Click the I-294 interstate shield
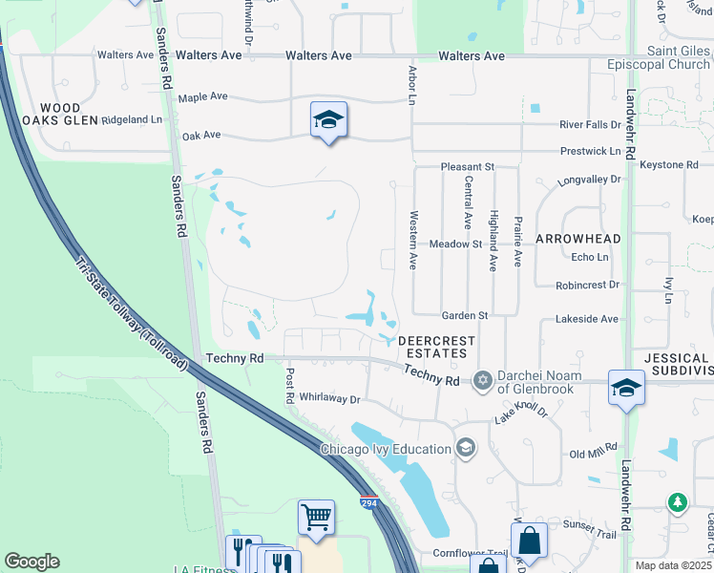pyautogui.click(x=368, y=500)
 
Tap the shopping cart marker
pyautogui.click(x=316, y=517)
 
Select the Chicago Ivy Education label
pyautogui.click(x=386, y=449)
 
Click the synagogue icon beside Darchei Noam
pyautogui.click(x=483, y=381)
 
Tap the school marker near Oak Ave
pyautogui.click(x=328, y=119)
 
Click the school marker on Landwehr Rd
pyautogui.click(x=626, y=388)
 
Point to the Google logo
pyautogui.click(x=31, y=562)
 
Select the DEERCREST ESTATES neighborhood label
pyautogui.click(x=431, y=346)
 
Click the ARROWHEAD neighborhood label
pyautogui.click(x=578, y=239)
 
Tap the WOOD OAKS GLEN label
pyautogui.click(x=60, y=114)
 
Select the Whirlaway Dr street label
pyautogui.click(x=328, y=398)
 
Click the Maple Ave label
pyautogui.click(x=202, y=97)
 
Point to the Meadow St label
pyautogui.click(x=455, y=244)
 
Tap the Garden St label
pyautogui.click(x=465, y=315)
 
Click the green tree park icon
pyautogui.click(x=678, y=501)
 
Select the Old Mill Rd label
pyautogui.click(x=593, y=456)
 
